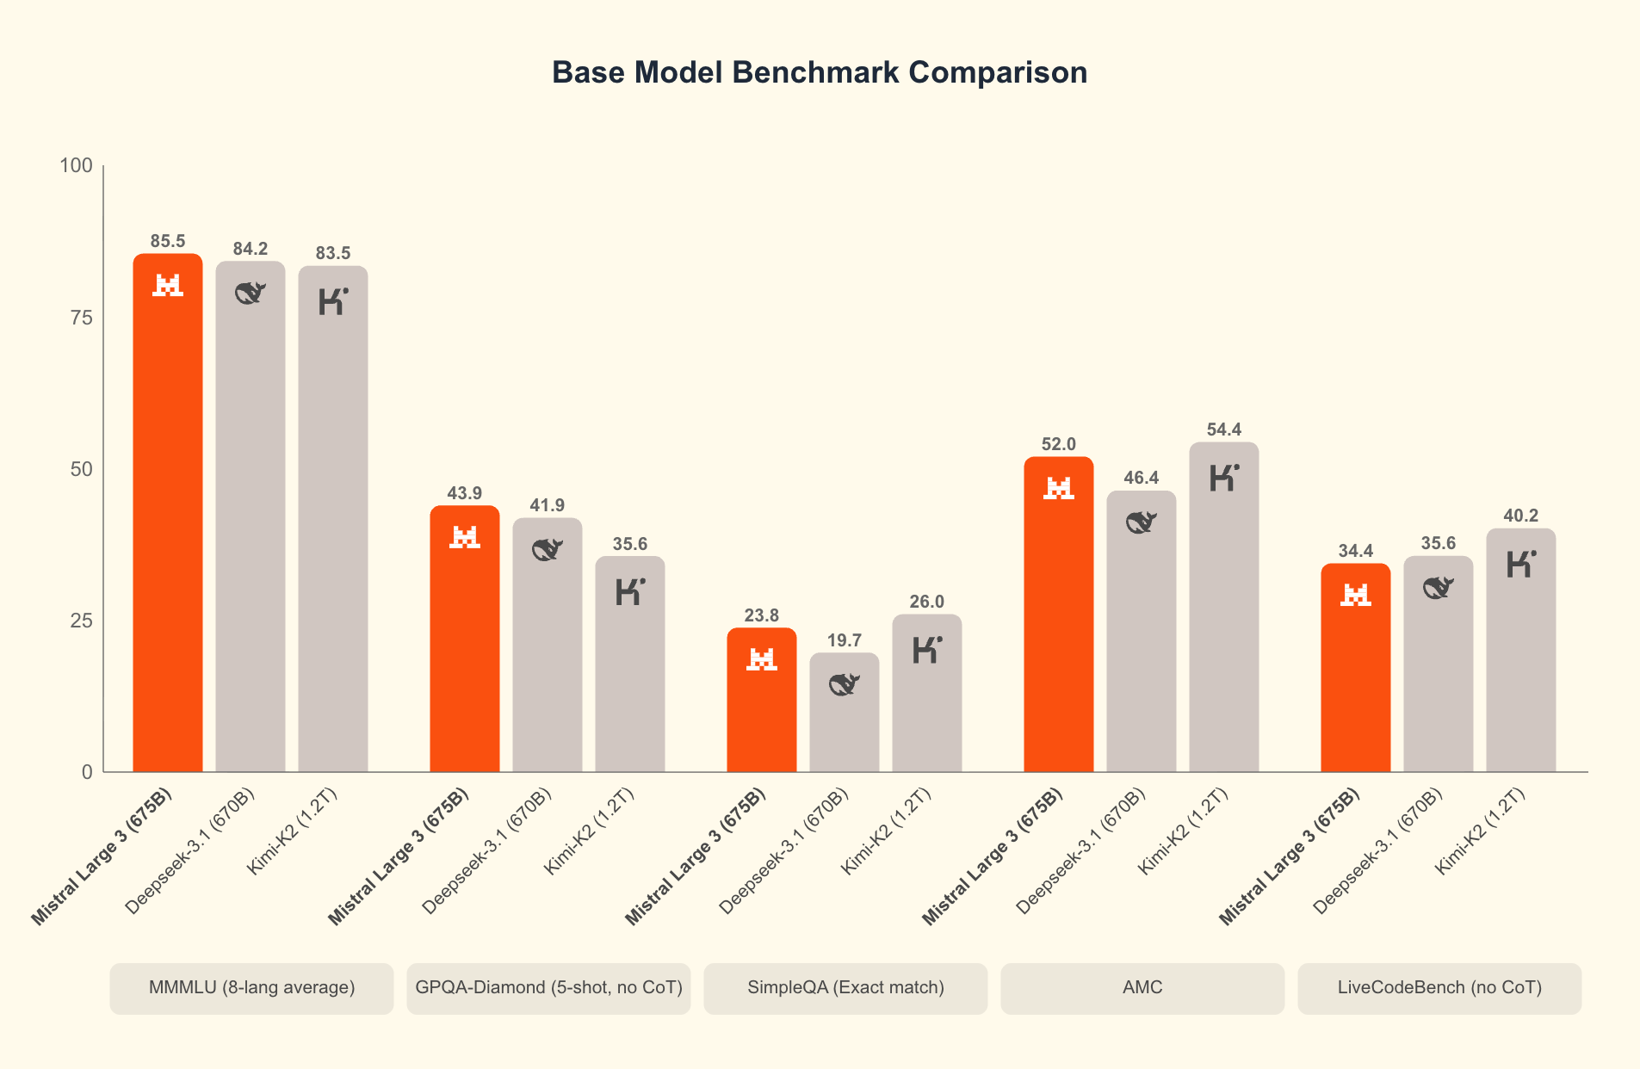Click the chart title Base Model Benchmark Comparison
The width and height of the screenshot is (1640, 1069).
(x=819, y=72)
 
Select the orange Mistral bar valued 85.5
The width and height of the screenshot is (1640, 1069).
(x=168, y=516)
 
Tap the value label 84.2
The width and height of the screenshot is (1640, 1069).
(x=251, y=249)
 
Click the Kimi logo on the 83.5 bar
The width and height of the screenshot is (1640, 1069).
(x=333, y=301)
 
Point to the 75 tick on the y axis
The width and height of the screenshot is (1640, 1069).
(x=81, y=318)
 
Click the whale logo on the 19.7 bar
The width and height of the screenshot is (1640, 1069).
(x=845, y=684)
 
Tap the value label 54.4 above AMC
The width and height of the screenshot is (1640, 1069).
(x=1224, y=429)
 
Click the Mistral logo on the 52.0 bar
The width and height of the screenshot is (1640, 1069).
(x=1059, y=488)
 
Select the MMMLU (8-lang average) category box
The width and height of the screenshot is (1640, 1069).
(x=251, y=987)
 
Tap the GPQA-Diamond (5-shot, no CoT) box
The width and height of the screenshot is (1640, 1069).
(x=548, y=987)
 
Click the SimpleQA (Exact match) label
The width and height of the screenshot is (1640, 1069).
(x=845, y=987)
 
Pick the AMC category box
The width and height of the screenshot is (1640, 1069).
(x=1142, y=987)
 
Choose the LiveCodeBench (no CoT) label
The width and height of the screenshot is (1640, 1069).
(x=1439, y=987)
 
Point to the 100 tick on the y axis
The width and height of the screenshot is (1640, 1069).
(x=76, y=165)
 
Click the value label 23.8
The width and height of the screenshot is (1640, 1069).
(x=762, y=615)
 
